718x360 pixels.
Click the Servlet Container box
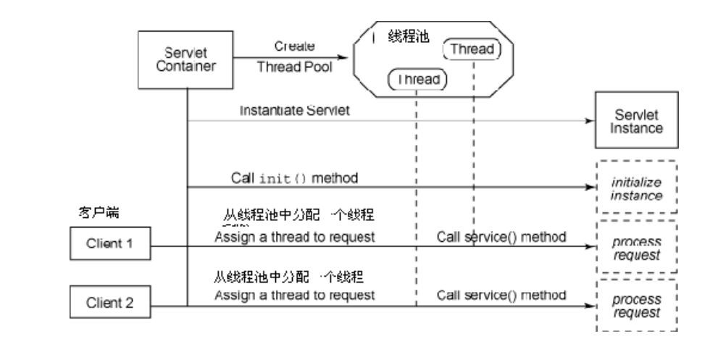(x=187, y=59)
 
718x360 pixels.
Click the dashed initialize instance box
(x=637, y=188)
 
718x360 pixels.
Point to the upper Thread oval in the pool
(x=472, y=49)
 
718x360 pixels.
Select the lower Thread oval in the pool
(x=417, y=79)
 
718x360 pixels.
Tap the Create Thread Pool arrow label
(x=294, y=56)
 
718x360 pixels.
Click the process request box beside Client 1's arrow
(x=637, y=246)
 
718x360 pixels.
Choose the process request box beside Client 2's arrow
(x=637, y=306)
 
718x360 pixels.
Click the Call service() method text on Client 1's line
(x=501, y=236)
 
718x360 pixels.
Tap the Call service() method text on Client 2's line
(x=501, y=296)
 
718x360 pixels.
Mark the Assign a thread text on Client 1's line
(x=294, y=236)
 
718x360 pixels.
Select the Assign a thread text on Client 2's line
(x=294, y=296)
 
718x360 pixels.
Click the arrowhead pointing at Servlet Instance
(x=588, y=122)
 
